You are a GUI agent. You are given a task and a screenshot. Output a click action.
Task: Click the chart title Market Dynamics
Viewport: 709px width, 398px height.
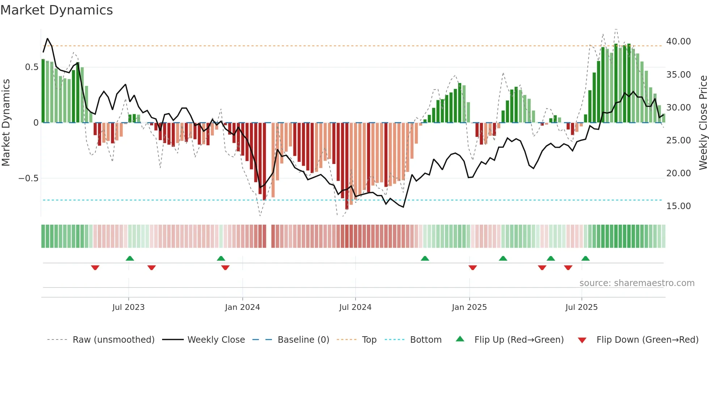point(56,10)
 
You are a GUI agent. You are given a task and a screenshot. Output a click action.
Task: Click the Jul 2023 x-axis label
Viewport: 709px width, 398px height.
point(128,307)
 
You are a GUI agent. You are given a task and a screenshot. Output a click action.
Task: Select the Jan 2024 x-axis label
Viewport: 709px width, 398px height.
point(242,307)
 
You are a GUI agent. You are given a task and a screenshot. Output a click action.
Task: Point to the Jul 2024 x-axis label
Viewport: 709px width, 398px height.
point(355,307)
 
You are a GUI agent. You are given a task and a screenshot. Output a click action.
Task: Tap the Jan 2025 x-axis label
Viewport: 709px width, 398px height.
point(469,307)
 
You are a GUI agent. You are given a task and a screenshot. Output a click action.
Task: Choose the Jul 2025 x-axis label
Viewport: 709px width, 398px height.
point(582,307)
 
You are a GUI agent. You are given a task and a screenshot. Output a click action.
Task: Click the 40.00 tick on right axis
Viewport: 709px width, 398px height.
point(678,42)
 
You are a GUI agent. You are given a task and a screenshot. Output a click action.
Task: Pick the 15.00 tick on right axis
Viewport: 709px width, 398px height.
point(678,206)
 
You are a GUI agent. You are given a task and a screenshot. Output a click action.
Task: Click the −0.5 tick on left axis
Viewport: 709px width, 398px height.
point(28,178)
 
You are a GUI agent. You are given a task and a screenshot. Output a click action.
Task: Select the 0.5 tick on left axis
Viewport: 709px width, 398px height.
point(32,67)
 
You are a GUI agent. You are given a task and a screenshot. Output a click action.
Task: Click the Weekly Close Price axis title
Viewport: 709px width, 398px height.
point(703,122)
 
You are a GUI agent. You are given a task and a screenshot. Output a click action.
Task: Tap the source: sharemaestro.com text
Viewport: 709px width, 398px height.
point(637,283)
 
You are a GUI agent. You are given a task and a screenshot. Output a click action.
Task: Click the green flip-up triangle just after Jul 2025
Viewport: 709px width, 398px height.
point(585,258)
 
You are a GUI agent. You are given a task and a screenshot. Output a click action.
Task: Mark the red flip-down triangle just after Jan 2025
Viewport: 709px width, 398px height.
point(472,268)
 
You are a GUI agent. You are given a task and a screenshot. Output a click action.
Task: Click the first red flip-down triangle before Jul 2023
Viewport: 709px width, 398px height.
point(95,268)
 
